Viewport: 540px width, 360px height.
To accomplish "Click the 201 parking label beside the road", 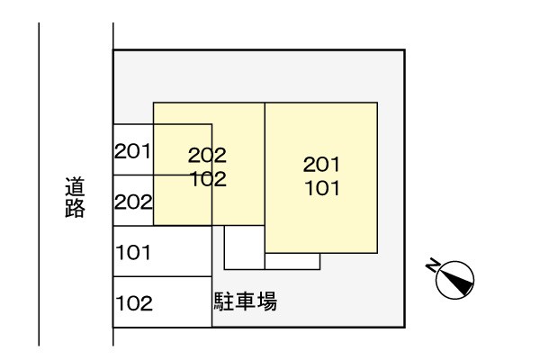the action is (x=132, y=151).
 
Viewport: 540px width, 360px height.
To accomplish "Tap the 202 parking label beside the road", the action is (x=133, y=202).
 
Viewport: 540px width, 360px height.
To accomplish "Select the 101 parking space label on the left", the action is (x=133, y=253).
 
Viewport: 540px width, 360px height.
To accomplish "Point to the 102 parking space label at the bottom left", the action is (x=134, y=303).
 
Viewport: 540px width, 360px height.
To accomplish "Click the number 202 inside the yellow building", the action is (x=207, y=155).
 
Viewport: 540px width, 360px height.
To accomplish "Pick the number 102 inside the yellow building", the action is (x=209, y=179).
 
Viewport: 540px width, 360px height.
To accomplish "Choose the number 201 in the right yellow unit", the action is (x=321, y=165).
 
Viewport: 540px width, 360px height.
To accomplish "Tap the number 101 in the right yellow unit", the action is (x=322, y=188).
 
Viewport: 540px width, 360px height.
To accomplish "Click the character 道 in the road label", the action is (x=75, y=186).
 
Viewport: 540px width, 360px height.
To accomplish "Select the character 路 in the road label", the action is (x=75, y=208).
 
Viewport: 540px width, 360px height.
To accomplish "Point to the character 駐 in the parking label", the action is (x=224, y=301).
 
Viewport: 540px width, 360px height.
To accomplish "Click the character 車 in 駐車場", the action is (x=245, y=301).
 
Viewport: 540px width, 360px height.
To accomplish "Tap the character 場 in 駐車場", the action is (x=266, y=301).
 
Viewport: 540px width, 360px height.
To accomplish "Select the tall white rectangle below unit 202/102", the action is (x=245, y=247).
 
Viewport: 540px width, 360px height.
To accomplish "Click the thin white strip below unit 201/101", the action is (x=292, y=261).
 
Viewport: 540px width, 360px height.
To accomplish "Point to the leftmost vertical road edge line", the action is (x=39, y=184).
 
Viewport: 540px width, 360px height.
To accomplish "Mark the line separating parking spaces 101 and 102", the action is (x=162, y=276).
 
